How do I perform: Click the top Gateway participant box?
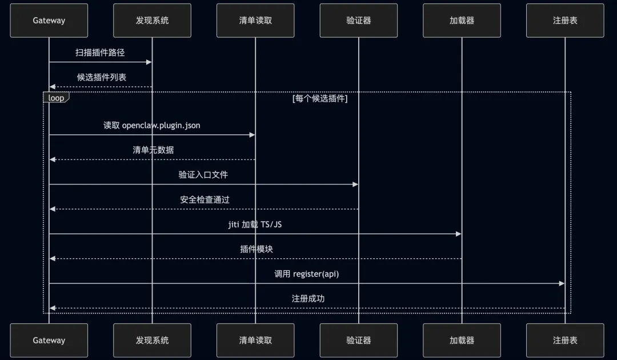[49, 21]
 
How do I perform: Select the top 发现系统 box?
[152, 21]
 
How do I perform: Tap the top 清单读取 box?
[255, 21]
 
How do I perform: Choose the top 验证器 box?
[359, 21]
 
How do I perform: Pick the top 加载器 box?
[462, 21]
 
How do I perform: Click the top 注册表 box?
[565, 21]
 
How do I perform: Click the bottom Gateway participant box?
[49, 341]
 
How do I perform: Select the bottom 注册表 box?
[565, 341]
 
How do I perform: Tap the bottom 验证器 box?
[359, 341]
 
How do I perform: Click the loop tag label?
[56, 98]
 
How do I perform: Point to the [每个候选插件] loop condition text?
[319, 98]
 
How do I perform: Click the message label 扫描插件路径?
[100, 53]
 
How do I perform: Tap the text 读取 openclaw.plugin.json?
[152, 125]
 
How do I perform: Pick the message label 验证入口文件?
[203, 175]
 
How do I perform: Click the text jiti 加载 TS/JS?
[255, 225]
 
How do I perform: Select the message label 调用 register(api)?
[306, 274]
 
